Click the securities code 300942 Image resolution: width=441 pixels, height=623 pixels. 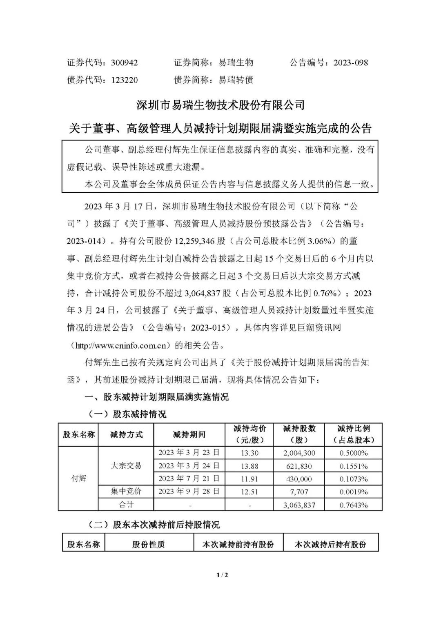coord(124,62)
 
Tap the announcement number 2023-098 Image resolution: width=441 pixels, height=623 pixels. coord(350,62)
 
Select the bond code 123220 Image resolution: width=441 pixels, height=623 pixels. coord(124,80)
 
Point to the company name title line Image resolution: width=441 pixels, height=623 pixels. coord(220,105)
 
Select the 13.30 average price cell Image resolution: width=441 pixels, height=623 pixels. coord(249,453)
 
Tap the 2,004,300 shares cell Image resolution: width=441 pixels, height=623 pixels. coord(298,453)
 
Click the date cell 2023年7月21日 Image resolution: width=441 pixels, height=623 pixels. coord(189,478)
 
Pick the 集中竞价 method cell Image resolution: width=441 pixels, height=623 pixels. coord(126,492)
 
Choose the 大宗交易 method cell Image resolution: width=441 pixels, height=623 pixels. coord(126,465)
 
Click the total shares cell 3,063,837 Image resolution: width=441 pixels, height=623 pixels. coord(298,505)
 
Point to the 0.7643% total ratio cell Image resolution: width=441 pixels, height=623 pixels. coord(354,505)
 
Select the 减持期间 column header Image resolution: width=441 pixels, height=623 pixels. coord(189,434)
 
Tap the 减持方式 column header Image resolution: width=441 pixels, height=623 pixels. coord(126,434)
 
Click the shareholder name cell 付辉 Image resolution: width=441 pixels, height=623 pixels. coord(79,478)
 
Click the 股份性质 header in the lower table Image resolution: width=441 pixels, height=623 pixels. coord(149,544)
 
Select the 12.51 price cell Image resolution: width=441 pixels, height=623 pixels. coord(249,492)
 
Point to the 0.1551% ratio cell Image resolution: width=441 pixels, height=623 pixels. coord(354,466)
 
